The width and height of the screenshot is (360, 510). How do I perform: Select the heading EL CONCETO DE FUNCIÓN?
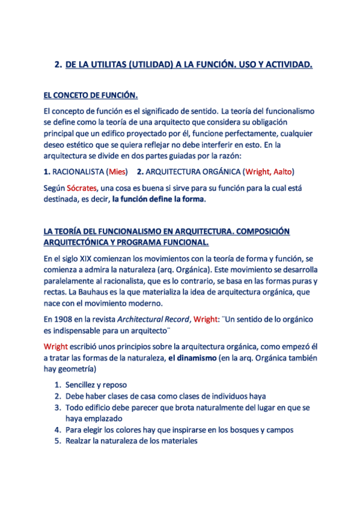(90, 95)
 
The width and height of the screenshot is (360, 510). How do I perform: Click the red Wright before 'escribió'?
(56, 346)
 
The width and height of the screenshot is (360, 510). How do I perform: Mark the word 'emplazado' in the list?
(98, 418)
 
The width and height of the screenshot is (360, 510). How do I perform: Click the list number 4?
(57, 429)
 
